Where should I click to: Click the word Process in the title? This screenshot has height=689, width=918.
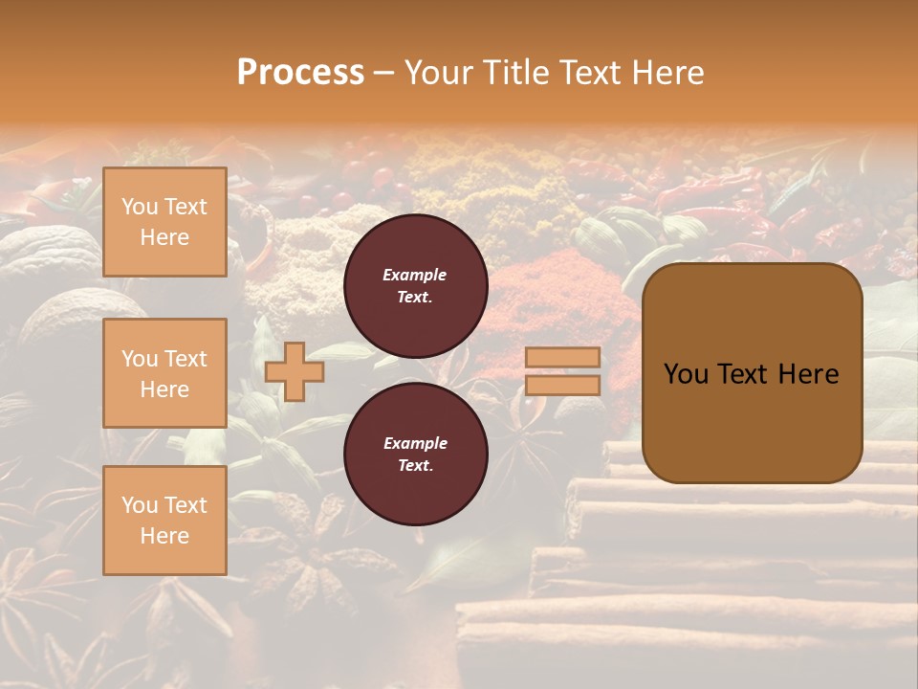[x=300, y=73]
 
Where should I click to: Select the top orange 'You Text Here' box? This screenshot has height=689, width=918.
[x=164, y=222]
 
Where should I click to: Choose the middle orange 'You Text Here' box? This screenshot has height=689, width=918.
[x=164, y=373]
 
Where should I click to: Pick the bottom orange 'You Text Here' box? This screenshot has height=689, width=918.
[x=164, y=520]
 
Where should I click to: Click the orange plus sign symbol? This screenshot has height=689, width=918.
[x=295, y=371]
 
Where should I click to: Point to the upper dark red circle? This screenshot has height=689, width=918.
[x=415, y=285]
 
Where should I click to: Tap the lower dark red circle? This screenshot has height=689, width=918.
[x=415, y=454]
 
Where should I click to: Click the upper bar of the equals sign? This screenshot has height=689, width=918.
[x=562, y=357]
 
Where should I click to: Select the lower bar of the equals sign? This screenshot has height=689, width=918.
[x=562, y=385]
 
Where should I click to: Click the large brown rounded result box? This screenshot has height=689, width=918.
[x=752, y=373]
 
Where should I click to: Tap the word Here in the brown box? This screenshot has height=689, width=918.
[x=808, y=374]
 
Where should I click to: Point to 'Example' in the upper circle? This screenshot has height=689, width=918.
[x=415, y=275]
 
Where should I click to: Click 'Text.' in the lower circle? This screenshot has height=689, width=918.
[x=415, y=466]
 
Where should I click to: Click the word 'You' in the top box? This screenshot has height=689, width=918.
[x=140, y=207]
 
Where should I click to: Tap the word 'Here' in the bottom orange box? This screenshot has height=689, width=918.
[x=164, y=536]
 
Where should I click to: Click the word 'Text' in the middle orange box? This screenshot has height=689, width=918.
[x=186, y=359]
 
